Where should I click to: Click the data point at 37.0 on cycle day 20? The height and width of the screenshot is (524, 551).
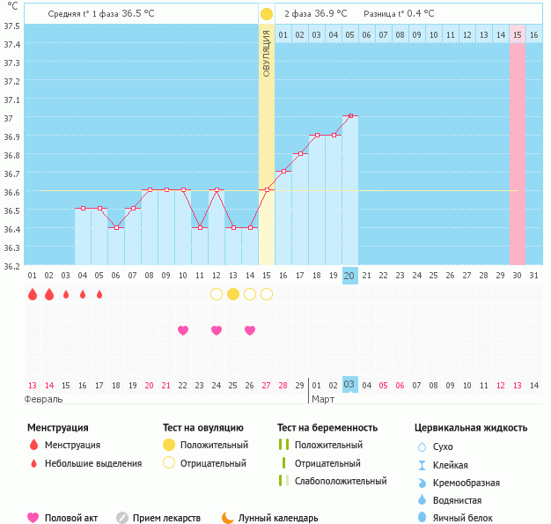(350, 115)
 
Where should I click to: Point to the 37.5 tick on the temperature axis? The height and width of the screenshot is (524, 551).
(12, 25)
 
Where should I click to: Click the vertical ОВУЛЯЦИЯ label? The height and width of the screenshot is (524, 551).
(267, 52)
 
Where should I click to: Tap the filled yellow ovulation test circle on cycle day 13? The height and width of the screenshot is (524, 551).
(233, 294)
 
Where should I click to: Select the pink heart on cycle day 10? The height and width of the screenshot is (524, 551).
(183, 330)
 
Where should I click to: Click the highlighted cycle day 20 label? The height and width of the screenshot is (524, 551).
(349, 276)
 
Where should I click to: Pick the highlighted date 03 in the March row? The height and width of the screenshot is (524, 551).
(349, 385)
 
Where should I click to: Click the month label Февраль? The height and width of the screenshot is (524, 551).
(43, 399)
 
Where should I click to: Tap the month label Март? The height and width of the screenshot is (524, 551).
(324, 399)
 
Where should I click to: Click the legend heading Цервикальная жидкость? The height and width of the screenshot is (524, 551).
(471, 428)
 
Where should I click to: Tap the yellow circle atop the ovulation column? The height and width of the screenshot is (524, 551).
(267, 14)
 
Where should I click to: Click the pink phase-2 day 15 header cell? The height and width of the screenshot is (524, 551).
(518, 34)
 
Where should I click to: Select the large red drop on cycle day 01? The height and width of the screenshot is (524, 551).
(33, 294)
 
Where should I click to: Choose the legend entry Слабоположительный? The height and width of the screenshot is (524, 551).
(341, 481)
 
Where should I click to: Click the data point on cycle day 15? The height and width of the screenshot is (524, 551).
(267, 189)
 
